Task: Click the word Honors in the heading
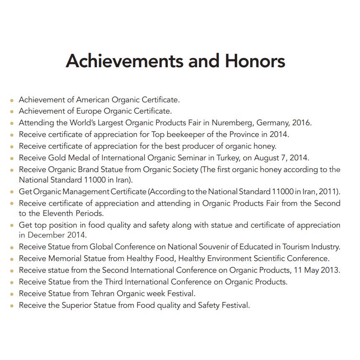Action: pos(255,61)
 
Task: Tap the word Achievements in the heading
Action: pos(124,61)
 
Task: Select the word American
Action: pos(93,100)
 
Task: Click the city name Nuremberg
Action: pos(232,123)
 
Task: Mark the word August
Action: pos(277,158)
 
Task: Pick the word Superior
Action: pos(78,305)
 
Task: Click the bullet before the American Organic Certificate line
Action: pos(12,101)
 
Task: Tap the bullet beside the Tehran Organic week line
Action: pos(12,294)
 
